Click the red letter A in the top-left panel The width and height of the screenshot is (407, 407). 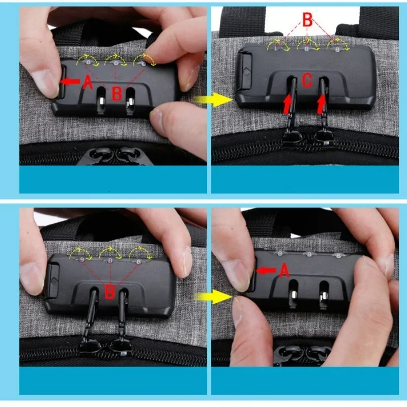[88, 82]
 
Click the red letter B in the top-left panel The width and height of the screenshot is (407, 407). [117, 94]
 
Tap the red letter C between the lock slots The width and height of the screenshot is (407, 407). [307, 80]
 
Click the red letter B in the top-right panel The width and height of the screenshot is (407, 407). [307, 20]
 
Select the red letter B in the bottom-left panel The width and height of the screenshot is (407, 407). [109, 292]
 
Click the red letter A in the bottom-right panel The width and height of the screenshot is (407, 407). [284, 271]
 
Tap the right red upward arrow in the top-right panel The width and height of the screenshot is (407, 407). [321, 105]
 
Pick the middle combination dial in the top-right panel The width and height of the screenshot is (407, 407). [307, 49]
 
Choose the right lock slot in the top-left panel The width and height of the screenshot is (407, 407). [131, 97]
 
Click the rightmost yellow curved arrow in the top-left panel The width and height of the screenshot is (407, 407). [144, 60]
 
